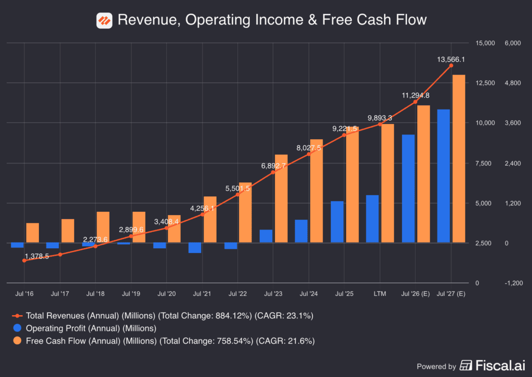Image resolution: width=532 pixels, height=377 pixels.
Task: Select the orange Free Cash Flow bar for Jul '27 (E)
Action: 458,158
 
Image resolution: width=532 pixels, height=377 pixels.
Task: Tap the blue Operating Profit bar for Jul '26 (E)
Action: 408,188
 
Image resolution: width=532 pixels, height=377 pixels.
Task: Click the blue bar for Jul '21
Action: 195,248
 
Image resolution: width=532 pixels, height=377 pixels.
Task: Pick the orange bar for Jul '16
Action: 32,233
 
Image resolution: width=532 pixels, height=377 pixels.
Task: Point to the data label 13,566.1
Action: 451,59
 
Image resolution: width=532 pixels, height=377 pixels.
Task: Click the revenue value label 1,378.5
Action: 36,256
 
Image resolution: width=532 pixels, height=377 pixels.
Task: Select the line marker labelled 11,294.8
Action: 416,102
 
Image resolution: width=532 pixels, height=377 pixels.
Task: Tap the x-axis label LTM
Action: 380,294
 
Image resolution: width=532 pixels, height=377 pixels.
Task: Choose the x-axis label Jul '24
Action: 309,294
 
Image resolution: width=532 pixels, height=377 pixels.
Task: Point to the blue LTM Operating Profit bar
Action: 373,219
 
